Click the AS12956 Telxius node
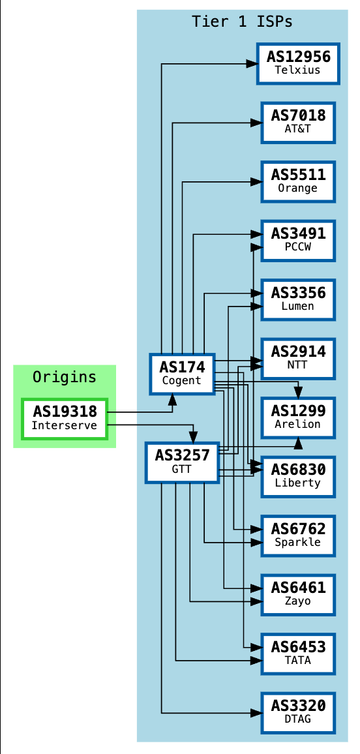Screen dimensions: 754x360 coord(298,63)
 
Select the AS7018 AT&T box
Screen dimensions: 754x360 coord(298,123)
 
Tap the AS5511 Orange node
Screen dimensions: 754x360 coord(298,181)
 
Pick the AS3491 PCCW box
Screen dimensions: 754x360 coord(298,241)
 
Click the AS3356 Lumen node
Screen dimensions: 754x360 coord(298,299)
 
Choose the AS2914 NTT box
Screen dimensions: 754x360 coord(298,359)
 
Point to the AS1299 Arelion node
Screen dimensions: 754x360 coord(298,417)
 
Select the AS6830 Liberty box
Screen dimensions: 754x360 coord(298,476)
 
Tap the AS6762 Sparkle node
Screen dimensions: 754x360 coord(298,535)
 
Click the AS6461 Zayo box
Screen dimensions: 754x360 coord(298,594)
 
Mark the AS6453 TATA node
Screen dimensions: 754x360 coord(298,654)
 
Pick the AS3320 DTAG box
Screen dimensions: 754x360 coord(298,712)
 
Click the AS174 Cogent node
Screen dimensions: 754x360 coord(182,374)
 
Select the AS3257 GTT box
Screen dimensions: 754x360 coord(181,462)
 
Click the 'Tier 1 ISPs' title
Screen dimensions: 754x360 coord(242,22)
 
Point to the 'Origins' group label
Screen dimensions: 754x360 coord(65,377)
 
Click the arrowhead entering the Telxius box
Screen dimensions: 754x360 coord(252,64)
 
